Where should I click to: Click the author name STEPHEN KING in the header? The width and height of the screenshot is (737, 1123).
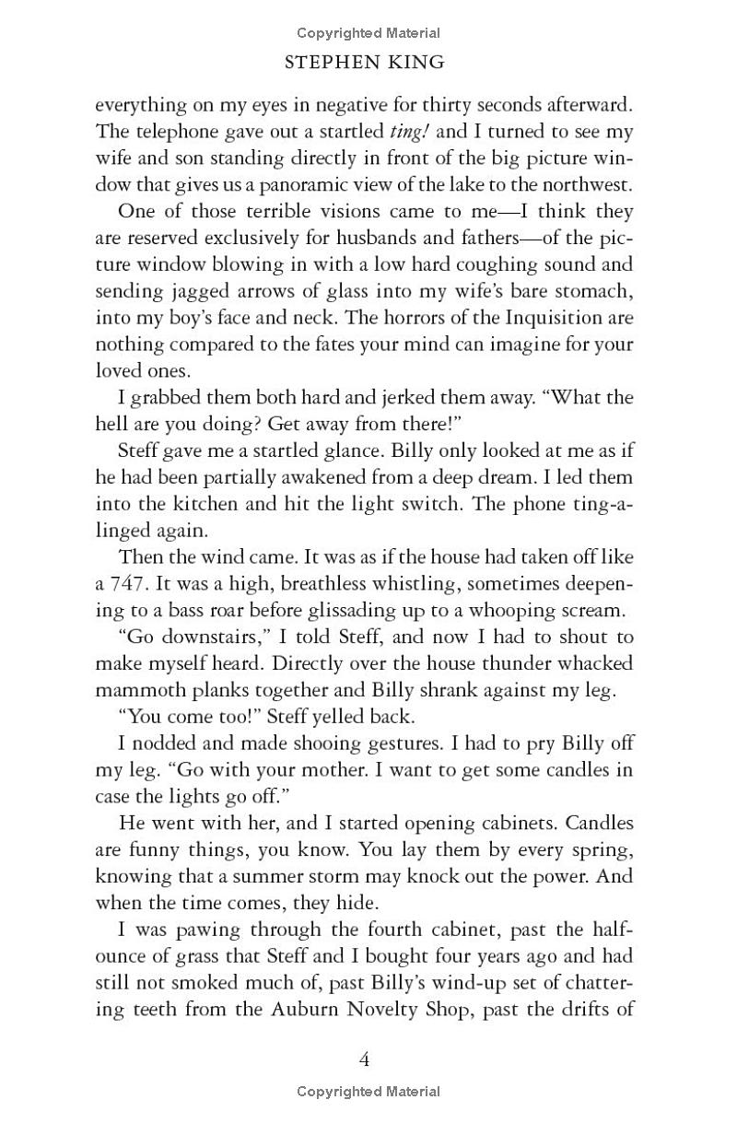(366, 63)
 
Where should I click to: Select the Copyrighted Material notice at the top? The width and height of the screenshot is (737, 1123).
(368, 33)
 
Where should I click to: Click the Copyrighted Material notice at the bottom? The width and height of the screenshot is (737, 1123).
(368, 1092)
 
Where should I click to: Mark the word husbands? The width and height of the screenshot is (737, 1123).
(393, 239)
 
